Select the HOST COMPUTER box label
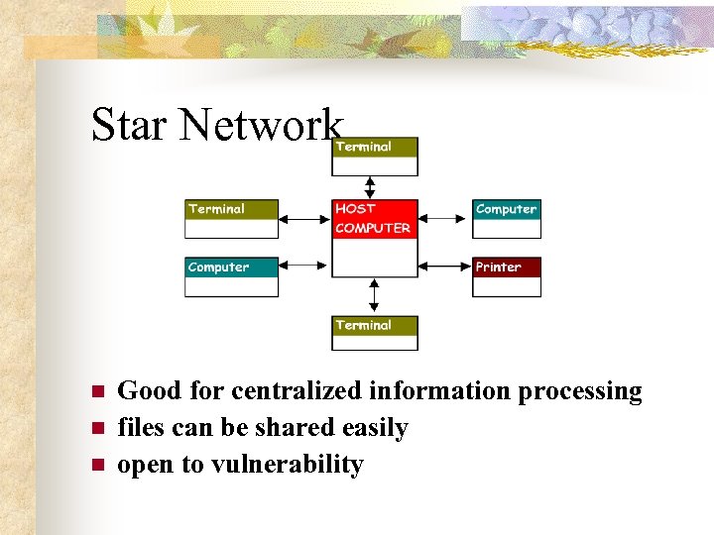click(373, 219)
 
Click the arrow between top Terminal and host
click(371, 187)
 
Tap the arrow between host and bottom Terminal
click(374, 296)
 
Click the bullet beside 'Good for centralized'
click(97, 391)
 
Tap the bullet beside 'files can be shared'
click(97, 428)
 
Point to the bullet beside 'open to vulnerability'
click(97, 465)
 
